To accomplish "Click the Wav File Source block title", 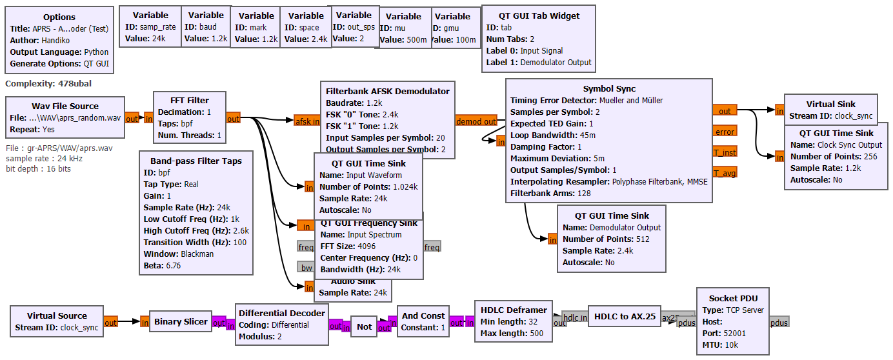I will [65, 106].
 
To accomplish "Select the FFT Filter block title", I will [189, 100].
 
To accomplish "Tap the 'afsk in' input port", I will [306, 121].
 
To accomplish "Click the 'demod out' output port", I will [476, 121].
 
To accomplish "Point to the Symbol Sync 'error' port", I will [725, 132].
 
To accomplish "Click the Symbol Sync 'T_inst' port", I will [725, 152].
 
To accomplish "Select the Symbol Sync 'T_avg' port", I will [725, 172].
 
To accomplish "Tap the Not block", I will [364, 326].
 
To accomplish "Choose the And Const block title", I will [423, 315].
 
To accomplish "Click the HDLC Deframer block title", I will [514, 310].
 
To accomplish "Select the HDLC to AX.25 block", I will [625, 316].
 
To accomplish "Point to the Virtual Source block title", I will [57, 315].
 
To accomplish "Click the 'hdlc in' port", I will [574, 317].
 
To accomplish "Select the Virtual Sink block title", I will [830, 104].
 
